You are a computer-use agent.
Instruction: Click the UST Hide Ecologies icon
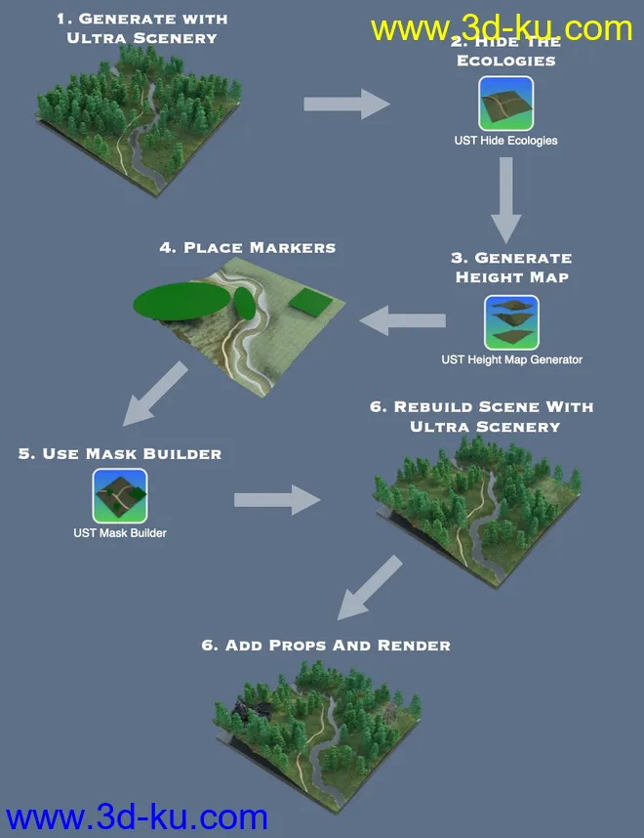tap(505, 105)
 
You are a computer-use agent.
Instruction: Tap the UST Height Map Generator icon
tap(511, 323)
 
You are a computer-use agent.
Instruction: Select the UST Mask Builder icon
tap(120, 496)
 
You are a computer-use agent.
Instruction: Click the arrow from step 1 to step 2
tap(346, 103)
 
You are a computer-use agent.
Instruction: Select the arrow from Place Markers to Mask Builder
tap(156, 391)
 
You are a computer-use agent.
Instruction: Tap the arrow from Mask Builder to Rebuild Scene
tap(277, 500)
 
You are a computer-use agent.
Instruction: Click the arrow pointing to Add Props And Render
tap(370, 585)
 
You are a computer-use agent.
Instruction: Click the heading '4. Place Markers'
tap(248, 247)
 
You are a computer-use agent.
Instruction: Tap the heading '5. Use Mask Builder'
tap(119, 454)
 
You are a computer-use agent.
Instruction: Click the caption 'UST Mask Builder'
tap(120, 533)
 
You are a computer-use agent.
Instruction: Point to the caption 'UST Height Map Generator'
tap(511, 359)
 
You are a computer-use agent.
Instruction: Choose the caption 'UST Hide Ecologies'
tap(505, 141)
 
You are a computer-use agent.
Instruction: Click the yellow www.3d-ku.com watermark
tap(502, 28)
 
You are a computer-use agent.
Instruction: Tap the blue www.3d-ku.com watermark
tap(137, 817)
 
